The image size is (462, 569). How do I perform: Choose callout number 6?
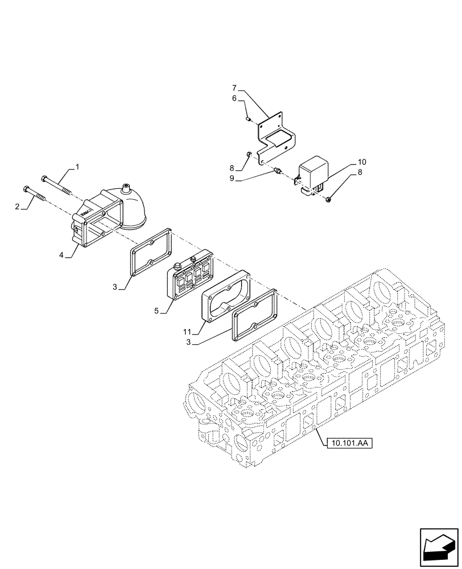(x=234, y=98)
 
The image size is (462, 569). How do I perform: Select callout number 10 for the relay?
(x=362, y=162)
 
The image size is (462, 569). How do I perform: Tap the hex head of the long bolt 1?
(x=44, y=178)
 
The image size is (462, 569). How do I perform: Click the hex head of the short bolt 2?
(x=24, y=188)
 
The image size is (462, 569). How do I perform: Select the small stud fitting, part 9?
(x=277, y=171)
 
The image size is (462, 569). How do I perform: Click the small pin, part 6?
(x=249, y=118)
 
